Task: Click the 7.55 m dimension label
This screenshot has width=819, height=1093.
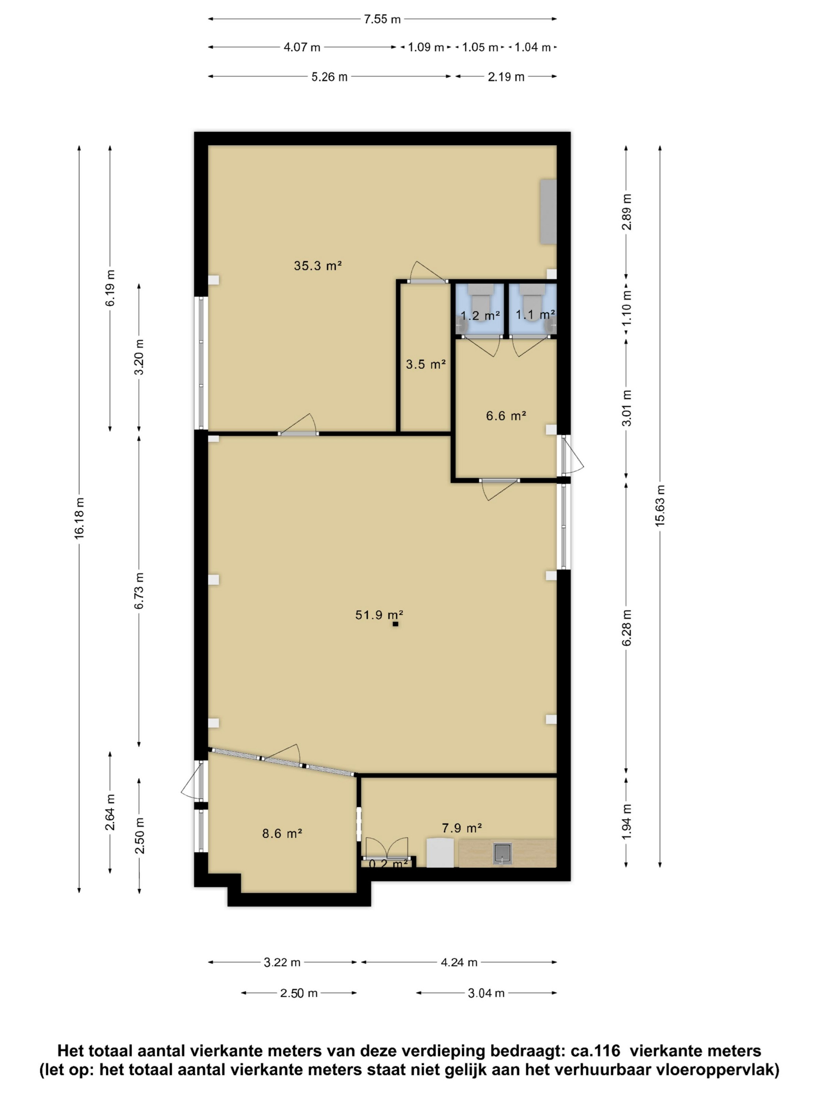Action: click(x=382, y=19)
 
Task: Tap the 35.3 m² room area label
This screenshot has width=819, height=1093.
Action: click(x=318, y=266)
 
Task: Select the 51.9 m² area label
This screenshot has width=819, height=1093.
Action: click(x=379, y=615)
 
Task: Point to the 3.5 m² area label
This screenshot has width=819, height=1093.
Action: click(x=425, y=365)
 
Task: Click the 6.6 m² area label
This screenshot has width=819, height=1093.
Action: click(x=506, y=416)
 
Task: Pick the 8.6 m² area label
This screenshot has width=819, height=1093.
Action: click(x=282, y=833)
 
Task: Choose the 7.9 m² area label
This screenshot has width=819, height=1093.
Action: click(x=462, y=828)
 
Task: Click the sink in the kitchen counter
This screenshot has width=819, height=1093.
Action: click(x=502, y=854)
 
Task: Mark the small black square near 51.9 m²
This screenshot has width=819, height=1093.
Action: click(x=395, y=624)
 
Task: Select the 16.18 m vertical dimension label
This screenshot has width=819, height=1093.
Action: click(x=80, y=518)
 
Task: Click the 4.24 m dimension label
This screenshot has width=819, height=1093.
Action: click(x=459, y=962)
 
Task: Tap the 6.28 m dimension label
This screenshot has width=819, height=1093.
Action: click(x=626, y=628)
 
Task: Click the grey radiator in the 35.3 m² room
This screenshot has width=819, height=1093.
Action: click(x=548, y=212)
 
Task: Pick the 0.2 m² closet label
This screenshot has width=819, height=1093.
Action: click(x=388, y=864)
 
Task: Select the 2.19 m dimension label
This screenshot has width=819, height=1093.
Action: click(x=506, y=77)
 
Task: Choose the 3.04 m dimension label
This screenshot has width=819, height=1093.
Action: click(x=486, y=993)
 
